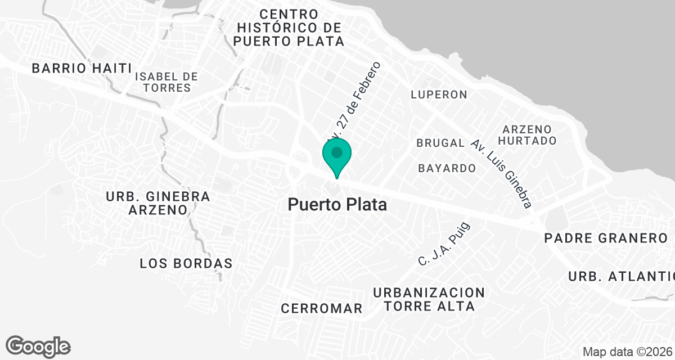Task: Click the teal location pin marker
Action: click(337, 155)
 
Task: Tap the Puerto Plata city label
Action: click(337, 205)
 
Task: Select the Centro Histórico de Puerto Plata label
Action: click(289, 27)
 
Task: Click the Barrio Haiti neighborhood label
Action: click(82, 68)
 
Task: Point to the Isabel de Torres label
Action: click(166, 82)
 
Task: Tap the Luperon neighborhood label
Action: click(439, 94)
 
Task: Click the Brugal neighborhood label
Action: click(440, 143)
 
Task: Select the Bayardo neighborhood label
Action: click(447, 168)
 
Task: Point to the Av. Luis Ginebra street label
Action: click(502, 174)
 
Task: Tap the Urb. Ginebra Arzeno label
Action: click(157, 203)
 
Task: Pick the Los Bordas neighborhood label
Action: click(186, 263)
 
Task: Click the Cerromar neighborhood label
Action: click(321, 308)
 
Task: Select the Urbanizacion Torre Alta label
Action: click(429, 299)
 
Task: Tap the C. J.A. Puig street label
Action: click(444, 244)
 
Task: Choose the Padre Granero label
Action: click(605, 238)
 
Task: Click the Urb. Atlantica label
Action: click(621, 277)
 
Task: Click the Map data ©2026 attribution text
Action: click(627, 352)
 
